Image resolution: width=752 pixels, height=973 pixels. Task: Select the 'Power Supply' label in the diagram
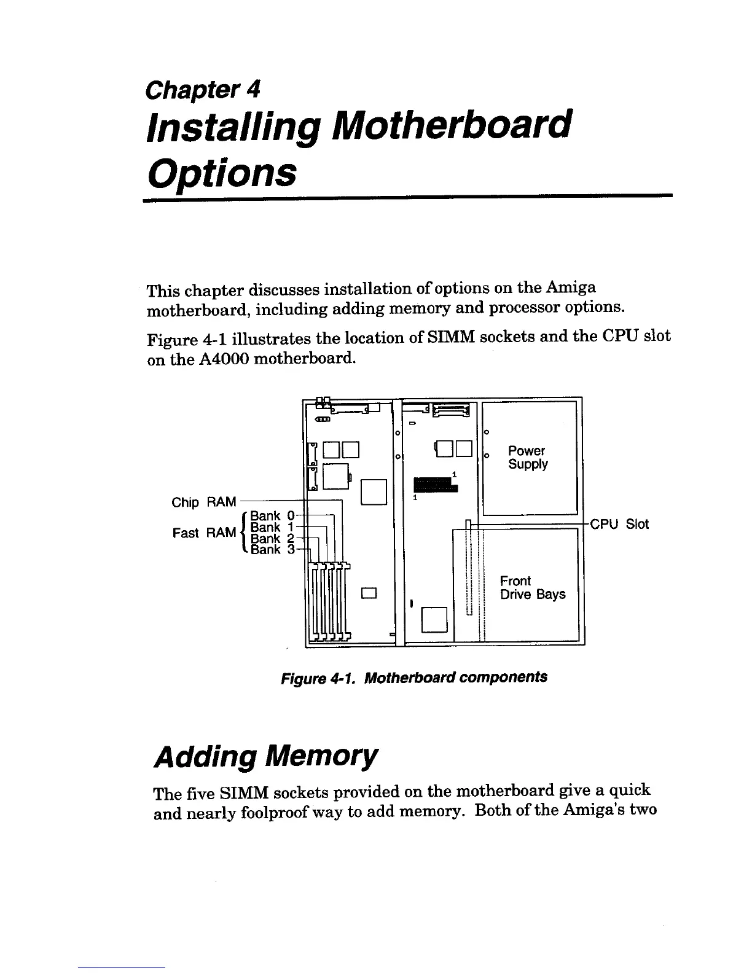pos(527,458)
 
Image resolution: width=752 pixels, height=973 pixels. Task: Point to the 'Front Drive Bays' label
pos(532,588)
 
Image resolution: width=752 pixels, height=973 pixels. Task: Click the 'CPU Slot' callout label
pos(619,524)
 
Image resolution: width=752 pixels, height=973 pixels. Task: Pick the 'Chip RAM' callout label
pos(204,502)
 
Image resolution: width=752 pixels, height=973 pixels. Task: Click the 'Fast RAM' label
pos(205,533)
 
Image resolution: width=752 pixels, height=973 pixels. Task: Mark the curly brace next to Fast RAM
pos(245,533)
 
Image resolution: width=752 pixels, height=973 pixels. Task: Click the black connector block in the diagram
pos(436,484)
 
